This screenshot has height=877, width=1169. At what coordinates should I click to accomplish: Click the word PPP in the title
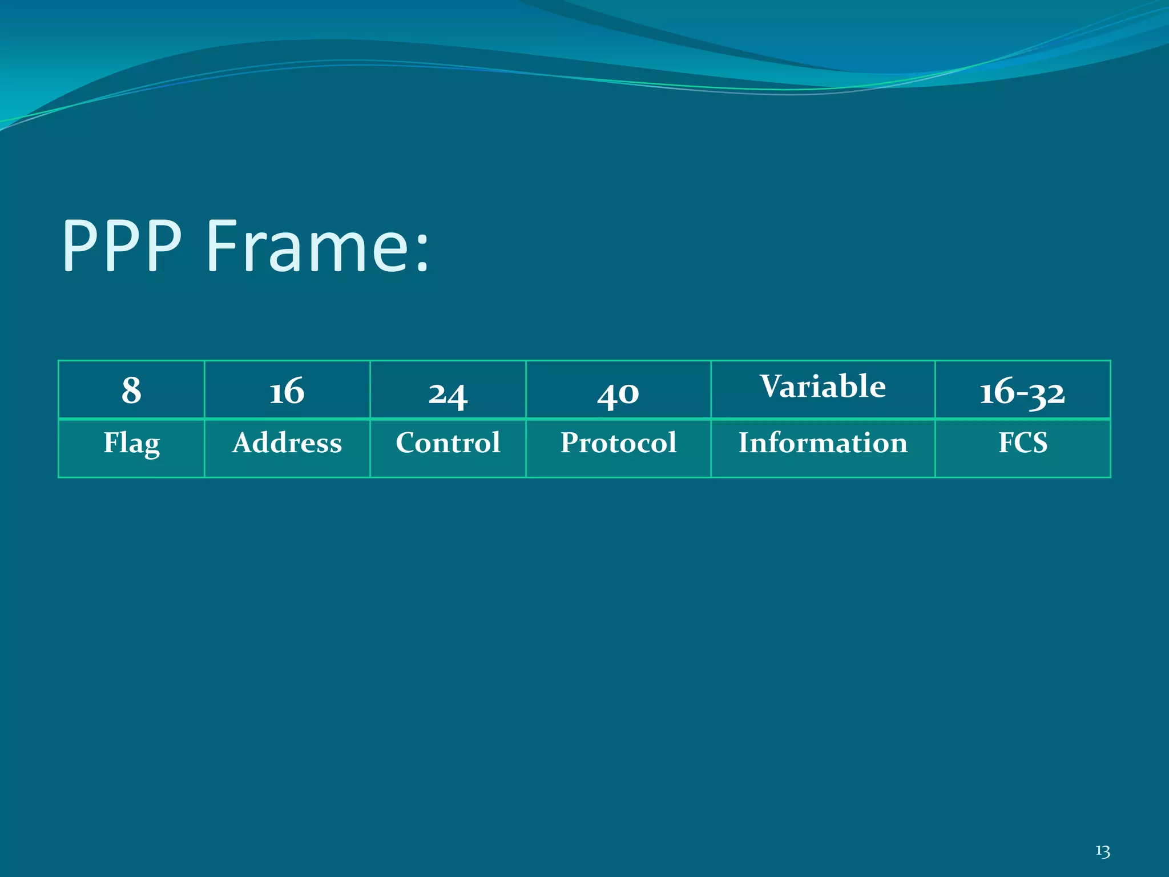(122, 247)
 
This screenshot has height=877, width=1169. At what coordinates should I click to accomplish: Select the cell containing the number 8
(131, 391)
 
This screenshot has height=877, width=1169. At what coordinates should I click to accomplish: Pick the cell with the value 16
(287, 391)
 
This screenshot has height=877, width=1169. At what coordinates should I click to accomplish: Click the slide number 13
(1103, 851)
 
